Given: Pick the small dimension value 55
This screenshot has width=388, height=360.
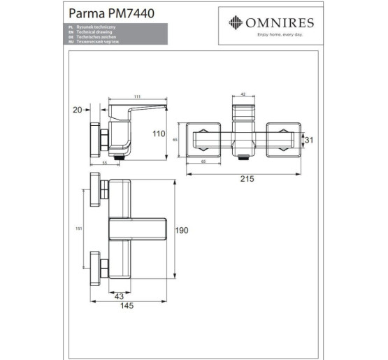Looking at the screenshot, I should click(105, 162).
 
